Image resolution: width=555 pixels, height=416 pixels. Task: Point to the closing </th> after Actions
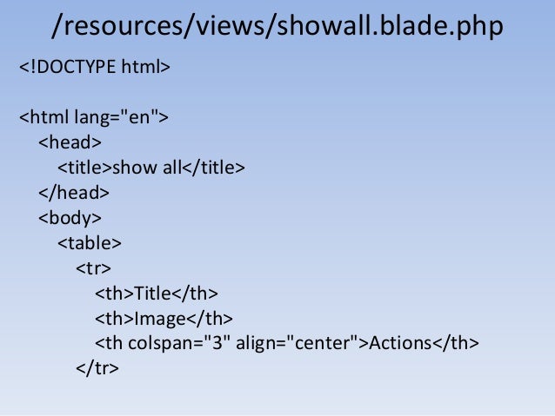tap(456, 343)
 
